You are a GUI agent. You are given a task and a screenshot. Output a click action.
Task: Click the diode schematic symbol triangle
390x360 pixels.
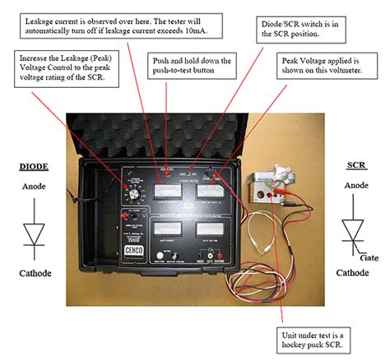[x=33, y=233]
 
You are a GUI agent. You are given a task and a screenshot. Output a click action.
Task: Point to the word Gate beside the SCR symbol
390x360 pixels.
[x=370, y=256]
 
